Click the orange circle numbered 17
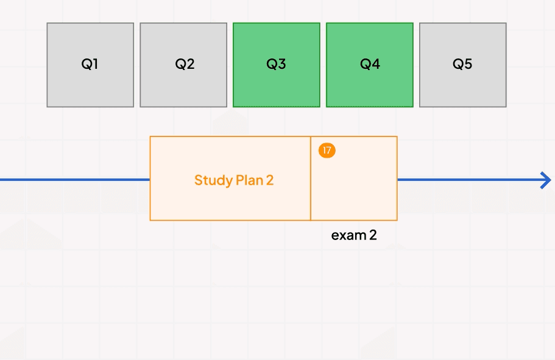coord(327,150)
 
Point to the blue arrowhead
coord(546,180)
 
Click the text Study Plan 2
coord(234,180)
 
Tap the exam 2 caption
coord(354,235)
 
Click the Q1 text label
coord(90,64)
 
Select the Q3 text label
coord(277,64)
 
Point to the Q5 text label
coord(462,64)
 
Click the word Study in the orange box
coord(213,180)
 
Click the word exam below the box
coord(348,235)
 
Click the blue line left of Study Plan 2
coord(73,180)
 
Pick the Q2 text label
coord(185,64)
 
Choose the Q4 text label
coord(370,64)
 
